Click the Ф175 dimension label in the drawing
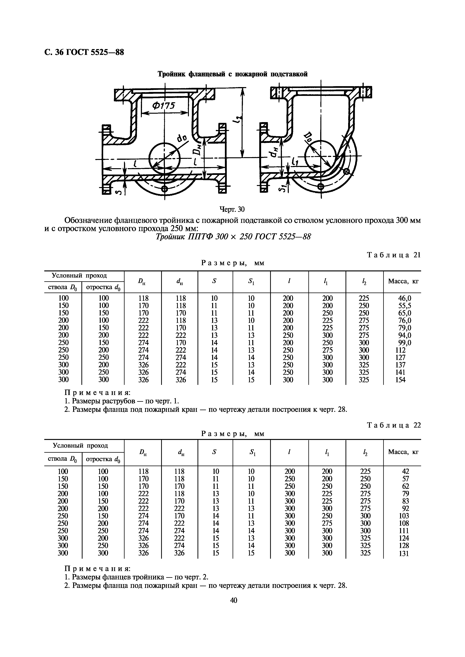click(x=163, y=106)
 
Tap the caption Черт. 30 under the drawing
click(x=232, y=209)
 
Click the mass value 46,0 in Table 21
click(x=405, y=298)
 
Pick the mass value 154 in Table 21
click(x=400, y=380)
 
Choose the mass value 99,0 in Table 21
click(x=405, y=343)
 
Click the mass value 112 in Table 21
click(x=400, y=350)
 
